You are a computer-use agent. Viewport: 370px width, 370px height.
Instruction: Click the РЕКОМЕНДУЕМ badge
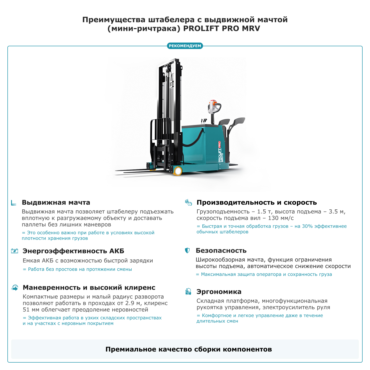click(185, 46)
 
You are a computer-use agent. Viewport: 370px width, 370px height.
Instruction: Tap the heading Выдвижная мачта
click(56, 203)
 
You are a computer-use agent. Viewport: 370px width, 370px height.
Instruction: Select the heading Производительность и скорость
click(257, 203)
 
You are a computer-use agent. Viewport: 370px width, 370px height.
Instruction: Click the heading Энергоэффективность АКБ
click(73, 251)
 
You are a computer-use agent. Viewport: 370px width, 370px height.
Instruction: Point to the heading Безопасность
click(221, 251)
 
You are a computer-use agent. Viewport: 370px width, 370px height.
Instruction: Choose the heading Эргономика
click(219, 292)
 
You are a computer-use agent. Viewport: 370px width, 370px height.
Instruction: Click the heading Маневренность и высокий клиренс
click(89, 288)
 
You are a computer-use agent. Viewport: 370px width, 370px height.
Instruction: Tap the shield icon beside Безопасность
click(187, 250)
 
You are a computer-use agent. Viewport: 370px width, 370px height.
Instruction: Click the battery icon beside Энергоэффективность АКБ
click(14, 251)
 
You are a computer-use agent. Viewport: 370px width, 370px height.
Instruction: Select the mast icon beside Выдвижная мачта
click(14, 203)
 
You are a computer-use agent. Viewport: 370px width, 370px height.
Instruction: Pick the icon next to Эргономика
click(188, 291)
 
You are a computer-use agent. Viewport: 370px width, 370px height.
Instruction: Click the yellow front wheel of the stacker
click(178, 171)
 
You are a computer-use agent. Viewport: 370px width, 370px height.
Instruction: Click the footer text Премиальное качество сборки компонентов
click(188, 349)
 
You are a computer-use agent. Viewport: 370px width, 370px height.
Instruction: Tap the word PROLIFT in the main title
click(201, 29)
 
